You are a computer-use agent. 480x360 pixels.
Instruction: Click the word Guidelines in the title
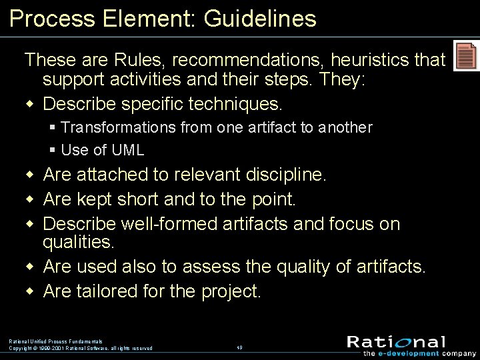[260, 19]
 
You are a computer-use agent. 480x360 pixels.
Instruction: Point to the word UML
[129, 150]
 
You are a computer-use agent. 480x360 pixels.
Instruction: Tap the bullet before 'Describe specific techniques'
[29, 105]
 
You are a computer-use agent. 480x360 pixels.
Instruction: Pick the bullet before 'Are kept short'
[29, 199]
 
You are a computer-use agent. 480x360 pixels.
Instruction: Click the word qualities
[78, 242]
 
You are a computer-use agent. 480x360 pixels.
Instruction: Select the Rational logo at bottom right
[396, 342]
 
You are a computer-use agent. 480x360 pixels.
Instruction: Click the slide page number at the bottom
[239, 347]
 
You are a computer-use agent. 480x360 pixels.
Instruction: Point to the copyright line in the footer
[81, 348]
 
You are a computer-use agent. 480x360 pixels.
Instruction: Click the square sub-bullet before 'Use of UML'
[53, 150]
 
